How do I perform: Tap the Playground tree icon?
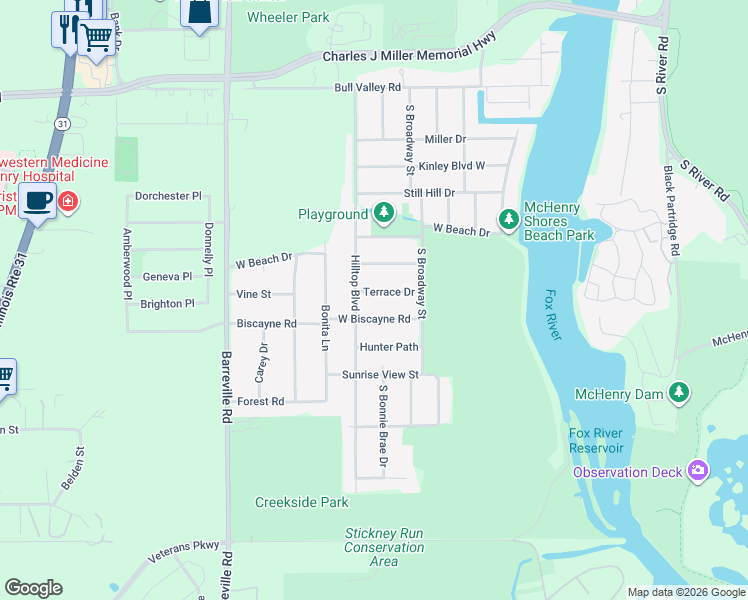pos(384,213)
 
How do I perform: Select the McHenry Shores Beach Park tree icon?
pos(509,218)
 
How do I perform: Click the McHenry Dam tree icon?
pos(680,392)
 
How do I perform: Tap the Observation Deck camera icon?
pos(698,471)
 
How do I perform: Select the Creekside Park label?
pos(301,502)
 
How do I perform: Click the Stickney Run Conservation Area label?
pos(384,547)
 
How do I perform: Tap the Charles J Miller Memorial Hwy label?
pos(409,57)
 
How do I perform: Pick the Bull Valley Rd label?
pos(367,88)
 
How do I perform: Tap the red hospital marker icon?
pos(67,201)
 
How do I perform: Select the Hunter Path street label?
pos(388,347)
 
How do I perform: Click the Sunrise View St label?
pos(379,375)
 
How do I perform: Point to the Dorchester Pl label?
pos(168,197)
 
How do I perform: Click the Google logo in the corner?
pos(33,588)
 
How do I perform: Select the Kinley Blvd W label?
pos(451,166)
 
